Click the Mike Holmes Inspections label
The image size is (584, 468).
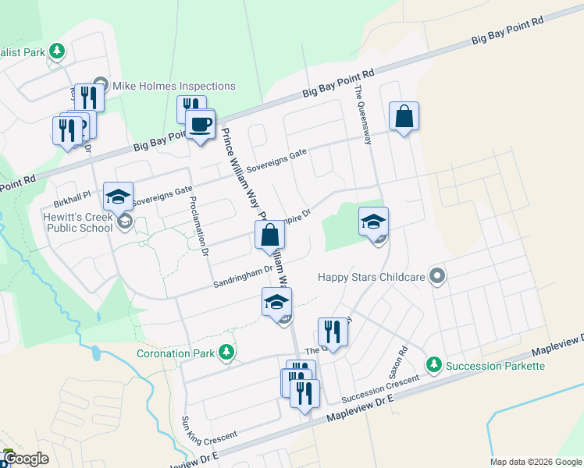[x=174, y=86]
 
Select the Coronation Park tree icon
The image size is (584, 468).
[x=226, y=353]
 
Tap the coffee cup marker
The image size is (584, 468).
[x=200, y=124]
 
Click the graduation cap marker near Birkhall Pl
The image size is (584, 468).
[x=118, y=197]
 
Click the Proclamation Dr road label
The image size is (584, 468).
[x=198, y=226]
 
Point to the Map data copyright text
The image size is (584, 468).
[x=536, y=462]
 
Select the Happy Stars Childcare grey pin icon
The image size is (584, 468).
[x=437, y=275]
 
